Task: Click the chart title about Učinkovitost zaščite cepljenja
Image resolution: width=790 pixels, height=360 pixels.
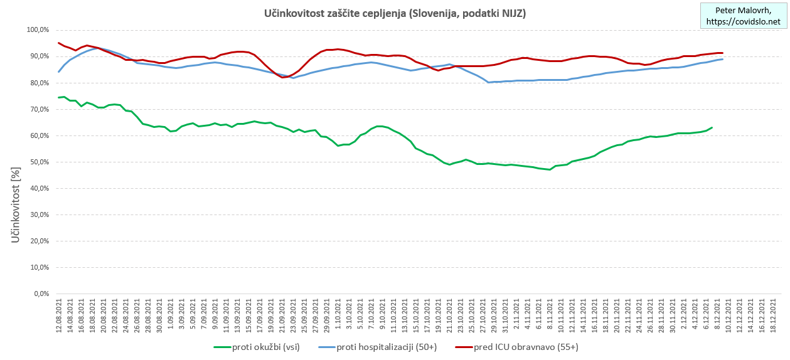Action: click(395, 13)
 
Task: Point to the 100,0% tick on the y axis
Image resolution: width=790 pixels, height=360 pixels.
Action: click(37, 30)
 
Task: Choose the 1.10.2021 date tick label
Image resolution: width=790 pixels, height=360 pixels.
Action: click(338, 317)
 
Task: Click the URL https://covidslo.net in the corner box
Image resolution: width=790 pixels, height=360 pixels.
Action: click(744, 21)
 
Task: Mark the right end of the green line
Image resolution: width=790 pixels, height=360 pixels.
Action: click(712, 127)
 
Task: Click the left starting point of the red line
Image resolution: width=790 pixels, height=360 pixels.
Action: click(58, 43)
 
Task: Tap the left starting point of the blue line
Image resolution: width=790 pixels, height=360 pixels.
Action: click(58, 71)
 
